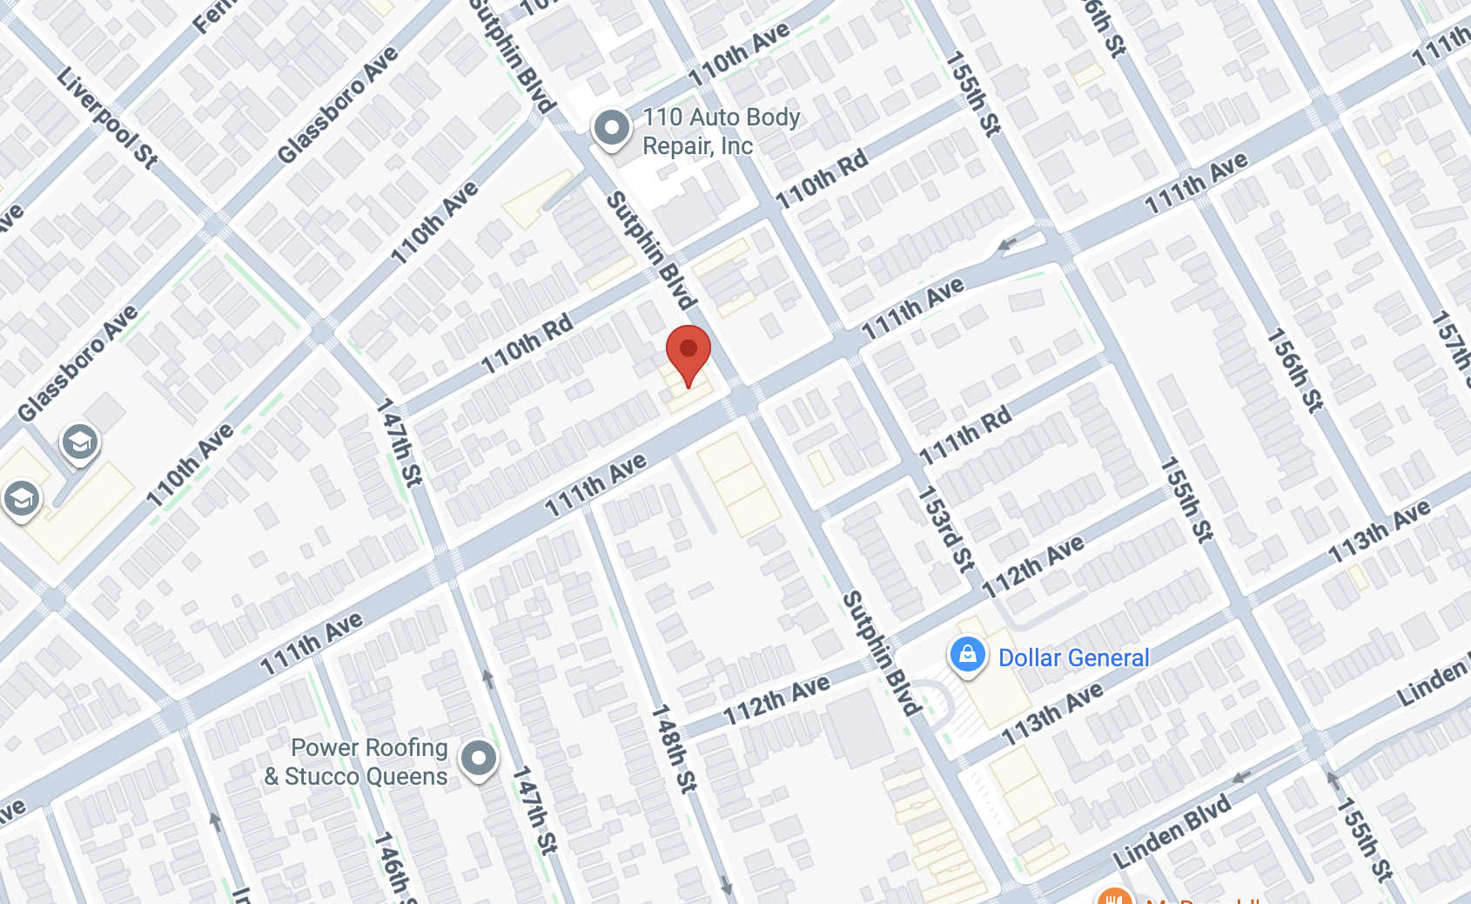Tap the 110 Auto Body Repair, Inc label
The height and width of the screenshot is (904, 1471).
point(721,132)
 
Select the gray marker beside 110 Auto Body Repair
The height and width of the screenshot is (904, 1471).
point(612,129)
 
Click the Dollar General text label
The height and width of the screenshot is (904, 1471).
point(1073,658)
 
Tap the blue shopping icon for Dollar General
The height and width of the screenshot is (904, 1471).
point(967,655)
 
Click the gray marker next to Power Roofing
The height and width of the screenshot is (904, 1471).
point(479,758)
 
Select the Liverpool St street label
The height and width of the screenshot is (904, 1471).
point(107,117)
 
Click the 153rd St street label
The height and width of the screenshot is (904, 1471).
point(946,529)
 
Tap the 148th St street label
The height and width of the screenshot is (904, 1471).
point(675,748)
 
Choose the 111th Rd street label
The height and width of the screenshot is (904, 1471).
point(965,435)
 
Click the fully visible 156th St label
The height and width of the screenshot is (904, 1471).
point(1293,369)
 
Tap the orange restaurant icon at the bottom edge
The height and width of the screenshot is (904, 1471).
point(1114,897)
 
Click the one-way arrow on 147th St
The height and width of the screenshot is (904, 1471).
point(488,678)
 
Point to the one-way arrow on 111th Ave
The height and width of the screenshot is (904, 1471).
point(1007,245)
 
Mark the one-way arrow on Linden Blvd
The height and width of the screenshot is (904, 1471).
point(1242,776)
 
